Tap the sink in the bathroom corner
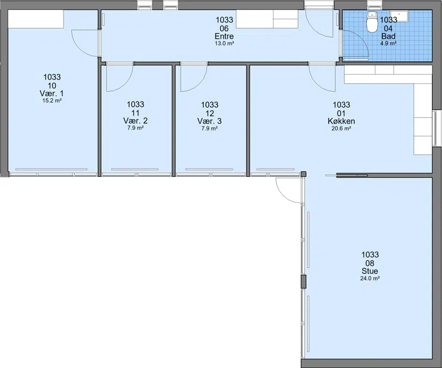pos(399,16)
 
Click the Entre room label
pos(224,36)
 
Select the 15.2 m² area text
pos(52,101)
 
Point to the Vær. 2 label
pos(135,121)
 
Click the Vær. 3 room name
pos(209,121)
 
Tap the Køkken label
pos(341,121)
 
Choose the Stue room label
pos(370,271)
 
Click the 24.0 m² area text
pos(370,278)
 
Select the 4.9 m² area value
pos(388,44)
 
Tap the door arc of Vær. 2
pos(124,85)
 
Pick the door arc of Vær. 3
pos(198,85)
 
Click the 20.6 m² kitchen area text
pos(341,129)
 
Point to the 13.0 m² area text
pos(224,44)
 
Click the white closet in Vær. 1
pos(35,19)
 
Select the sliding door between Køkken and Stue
pos(352,175)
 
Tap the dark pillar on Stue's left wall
pos(303,281)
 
